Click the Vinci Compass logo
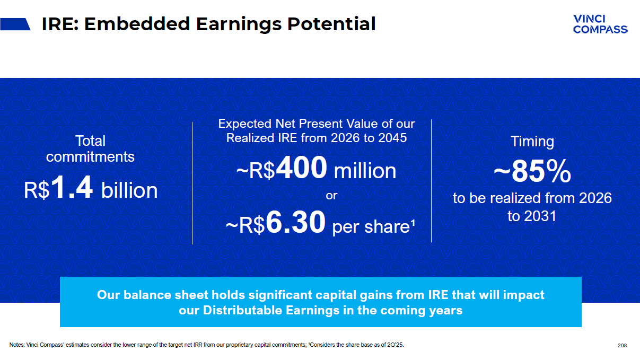click(600, 24)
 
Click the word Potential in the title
click(331, 24)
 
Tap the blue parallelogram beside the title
click(15, 24)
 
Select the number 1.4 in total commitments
click(72, 188)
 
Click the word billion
click(129, 190)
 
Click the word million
click(365, 171)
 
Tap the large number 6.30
click(296, 222)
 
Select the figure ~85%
click(532, 171)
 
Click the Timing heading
click(532, 142)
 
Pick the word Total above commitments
click(90, 141)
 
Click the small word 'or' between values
click(331, 196)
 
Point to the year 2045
click(392, 138)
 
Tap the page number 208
click(622, 346)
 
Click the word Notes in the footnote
click(17, 345)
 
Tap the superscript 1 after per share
click(413, 222)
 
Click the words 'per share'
click(371, 227)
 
